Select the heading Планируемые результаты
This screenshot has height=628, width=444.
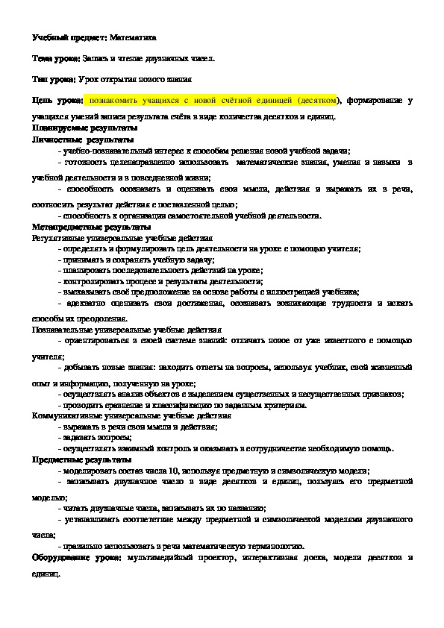tap(75, 128)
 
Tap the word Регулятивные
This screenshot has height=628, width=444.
tap(60, 237)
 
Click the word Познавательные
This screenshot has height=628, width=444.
tap(65, 327)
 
